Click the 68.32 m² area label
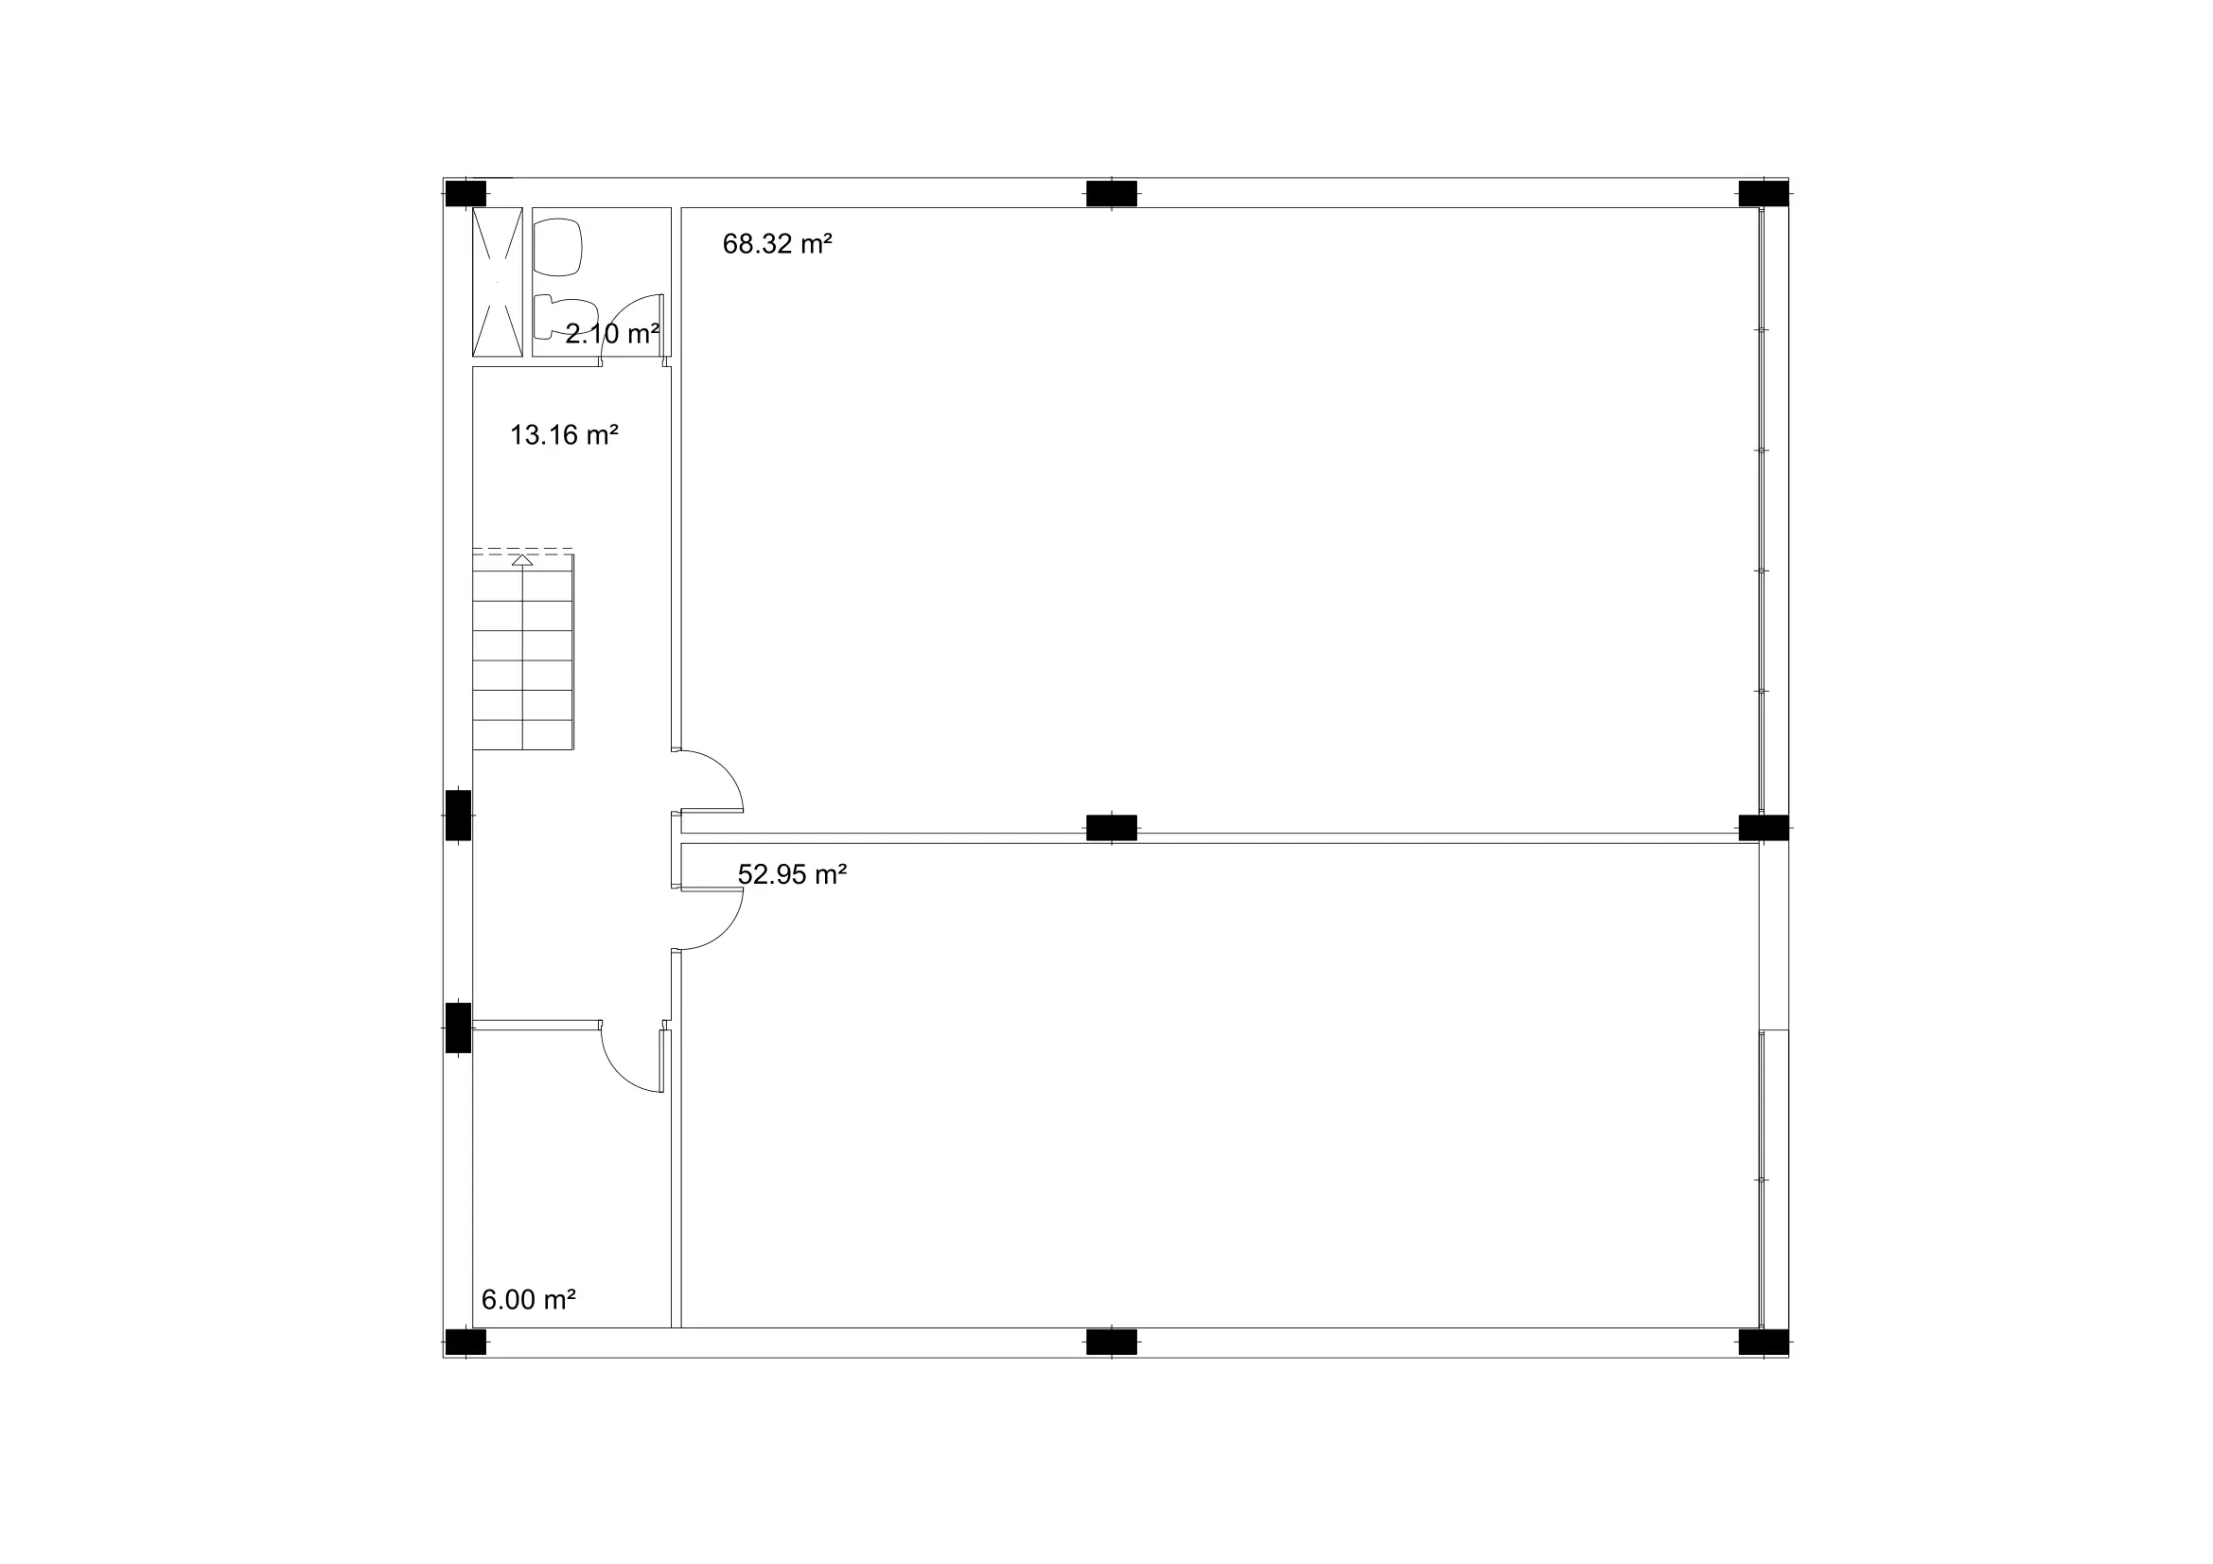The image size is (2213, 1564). tap(777, 245)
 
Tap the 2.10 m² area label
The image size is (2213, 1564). tap(612, 334)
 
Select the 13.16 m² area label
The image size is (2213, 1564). tap(564, 435)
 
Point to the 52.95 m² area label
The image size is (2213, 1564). tap(792, 875)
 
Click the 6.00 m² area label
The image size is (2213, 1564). tap(528, 1300)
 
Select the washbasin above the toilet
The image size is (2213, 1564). tap(558, 248)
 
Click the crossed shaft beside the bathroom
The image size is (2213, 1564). tap(498, 281)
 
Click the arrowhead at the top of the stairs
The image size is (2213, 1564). tap(522, 560)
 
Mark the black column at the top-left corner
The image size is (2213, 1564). tap(465, 194)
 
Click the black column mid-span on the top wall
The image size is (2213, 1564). tap(1112, 194)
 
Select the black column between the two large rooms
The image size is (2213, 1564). tap(1112, 828)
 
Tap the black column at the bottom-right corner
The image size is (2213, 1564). tap(1763, 1343)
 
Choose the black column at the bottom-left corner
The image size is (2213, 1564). tap(465, 1343)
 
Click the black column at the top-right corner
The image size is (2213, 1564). tap(1763, 194)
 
